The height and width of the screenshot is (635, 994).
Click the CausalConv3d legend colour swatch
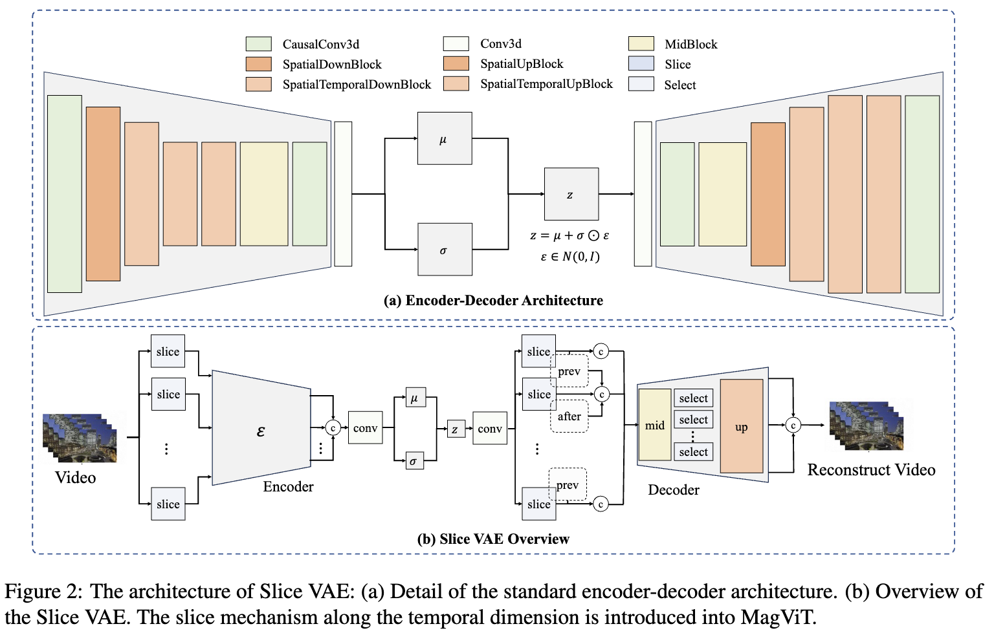(x=259, y=44)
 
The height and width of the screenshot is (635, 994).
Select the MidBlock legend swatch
(x=641, y=44)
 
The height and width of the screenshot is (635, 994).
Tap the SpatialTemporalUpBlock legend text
(x=546, y=84)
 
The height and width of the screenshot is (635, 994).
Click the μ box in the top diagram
(x=445, y=138)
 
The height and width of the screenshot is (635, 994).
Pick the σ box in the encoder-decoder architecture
(x=445, y=249)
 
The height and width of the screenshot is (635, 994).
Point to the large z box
(x=571, y=194)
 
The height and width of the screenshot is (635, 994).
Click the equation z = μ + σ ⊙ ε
(x=569, y=235)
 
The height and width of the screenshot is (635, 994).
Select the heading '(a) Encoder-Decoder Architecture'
(x=494, y=301)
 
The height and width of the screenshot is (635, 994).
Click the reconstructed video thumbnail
(x=867, y=427)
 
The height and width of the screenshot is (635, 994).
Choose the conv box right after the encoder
(x=365, y=428)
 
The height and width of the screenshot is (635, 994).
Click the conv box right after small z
(x=490, y=428)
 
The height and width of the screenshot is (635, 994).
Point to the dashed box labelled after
(x=569, y=416)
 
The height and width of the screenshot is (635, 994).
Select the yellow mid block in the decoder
(x=654, y=425)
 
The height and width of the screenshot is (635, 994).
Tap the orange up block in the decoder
(x=742, y=426)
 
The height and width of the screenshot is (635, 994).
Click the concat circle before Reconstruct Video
(x=793, y=425)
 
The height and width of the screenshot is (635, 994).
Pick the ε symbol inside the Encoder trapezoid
(x=261, y=431)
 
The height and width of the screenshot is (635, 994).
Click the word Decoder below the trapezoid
(x=674, y=490)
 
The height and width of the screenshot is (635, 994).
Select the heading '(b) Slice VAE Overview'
(x=494, y=539)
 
